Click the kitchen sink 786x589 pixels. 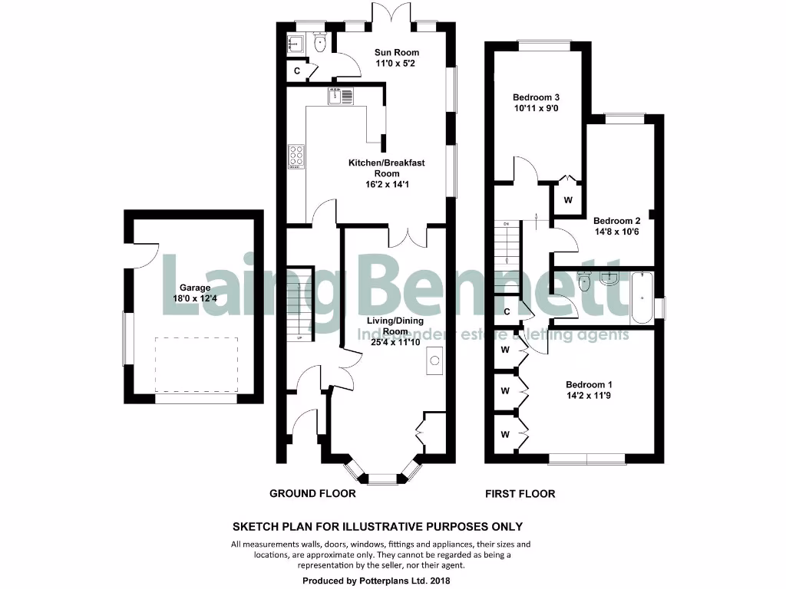point(342,97)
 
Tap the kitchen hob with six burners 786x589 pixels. point(296,156)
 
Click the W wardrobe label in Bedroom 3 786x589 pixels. point(568,200)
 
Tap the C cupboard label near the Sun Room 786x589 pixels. point(297,71)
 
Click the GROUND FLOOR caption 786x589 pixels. point(312,494)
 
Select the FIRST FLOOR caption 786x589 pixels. point(520,494)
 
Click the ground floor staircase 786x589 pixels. point(302,304)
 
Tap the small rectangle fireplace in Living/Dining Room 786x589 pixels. point(434,361)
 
